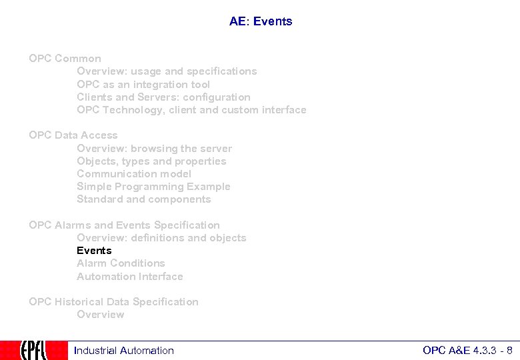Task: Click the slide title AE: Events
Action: [261, 21]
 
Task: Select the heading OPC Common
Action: [65, 59]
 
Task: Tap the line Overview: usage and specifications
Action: [167, 71]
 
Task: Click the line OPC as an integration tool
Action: [143, 85]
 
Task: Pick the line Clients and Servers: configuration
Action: [163, 97]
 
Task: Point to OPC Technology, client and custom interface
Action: [191, 110]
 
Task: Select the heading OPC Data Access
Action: [73, 135]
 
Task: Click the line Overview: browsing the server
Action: [154, 149]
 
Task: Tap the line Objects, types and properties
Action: [151, 161]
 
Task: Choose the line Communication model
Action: [134, 174]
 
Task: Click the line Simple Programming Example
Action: [153, 187]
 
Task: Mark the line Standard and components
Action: [143, 199]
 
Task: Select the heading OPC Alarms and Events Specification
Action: [124, 225]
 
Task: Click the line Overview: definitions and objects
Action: [161, 238]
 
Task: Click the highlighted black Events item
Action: [94, 251]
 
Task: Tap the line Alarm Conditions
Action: [121, 263]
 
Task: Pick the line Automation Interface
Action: [129, 277]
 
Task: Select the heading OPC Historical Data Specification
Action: [113, 302]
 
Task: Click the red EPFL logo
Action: [34, 350]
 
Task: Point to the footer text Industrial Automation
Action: [124, 351]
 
